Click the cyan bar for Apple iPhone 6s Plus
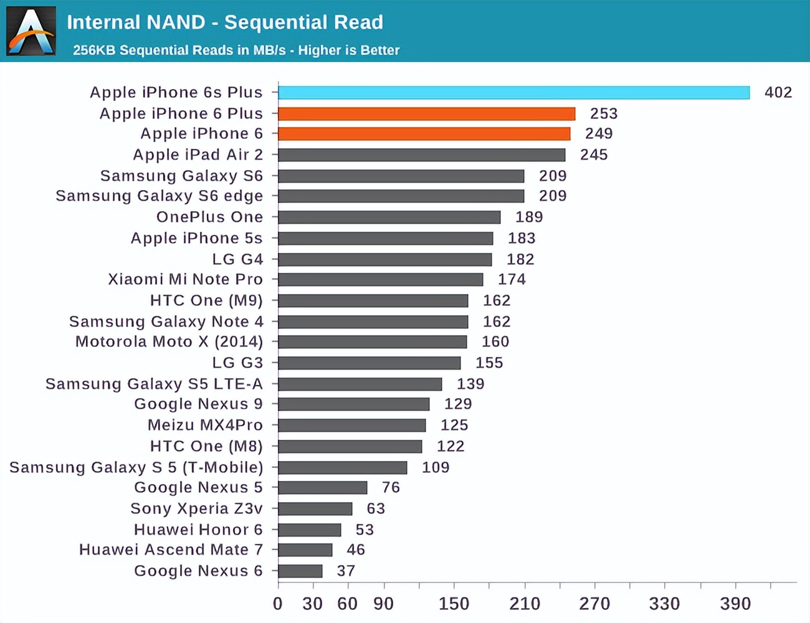pos(513,93)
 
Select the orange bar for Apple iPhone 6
pos(424,134)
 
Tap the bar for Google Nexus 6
pos(300,571)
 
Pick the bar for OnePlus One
pos(389,217)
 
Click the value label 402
pos(778,92)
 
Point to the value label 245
pos(594,155)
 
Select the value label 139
pos(470,384)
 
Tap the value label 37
pos(346,571)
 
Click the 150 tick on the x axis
pos(454,603)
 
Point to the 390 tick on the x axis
pos(735,603)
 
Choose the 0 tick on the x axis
pos(278,603)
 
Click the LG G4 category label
pos(237,259)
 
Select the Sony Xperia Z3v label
pos(196,508)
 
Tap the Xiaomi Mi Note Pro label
pos(185,279)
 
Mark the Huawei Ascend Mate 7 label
pos(171,549)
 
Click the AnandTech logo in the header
pos(31,31)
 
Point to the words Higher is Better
pos(348,50)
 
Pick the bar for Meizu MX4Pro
pos(352,426)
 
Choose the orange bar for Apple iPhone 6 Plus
pos(426,114)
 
